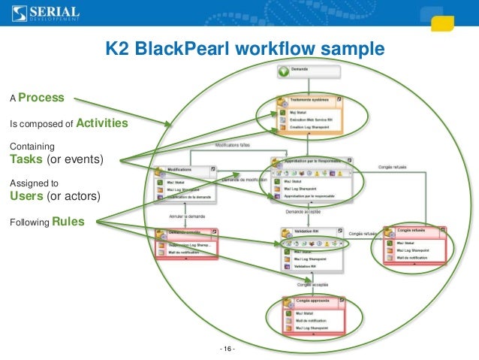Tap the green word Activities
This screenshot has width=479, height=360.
pyautogui.click(x=101, y=123)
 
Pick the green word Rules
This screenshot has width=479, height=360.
pyautogui.click(x=68, y=222)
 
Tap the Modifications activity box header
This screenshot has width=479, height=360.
pyautogui.click(x=179, y=170)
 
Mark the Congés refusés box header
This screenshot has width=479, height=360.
pyautogui.click(x=414, y=231)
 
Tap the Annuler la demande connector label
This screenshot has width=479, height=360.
pyautogui.click(x=185, y=216)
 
